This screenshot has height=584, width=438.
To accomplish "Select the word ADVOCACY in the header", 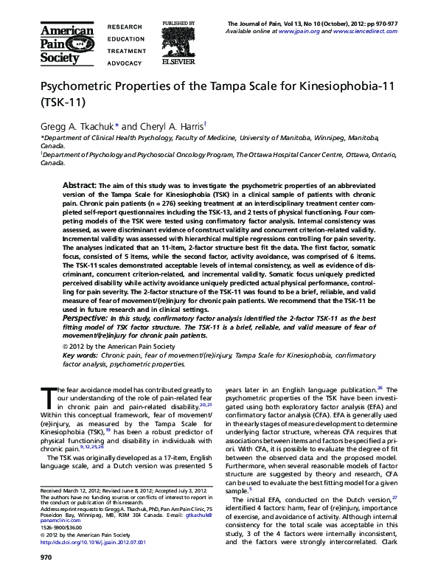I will (124, 64).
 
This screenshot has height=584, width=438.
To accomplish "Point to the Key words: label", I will (82, 355).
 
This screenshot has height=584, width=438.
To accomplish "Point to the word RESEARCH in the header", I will (125, 26).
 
